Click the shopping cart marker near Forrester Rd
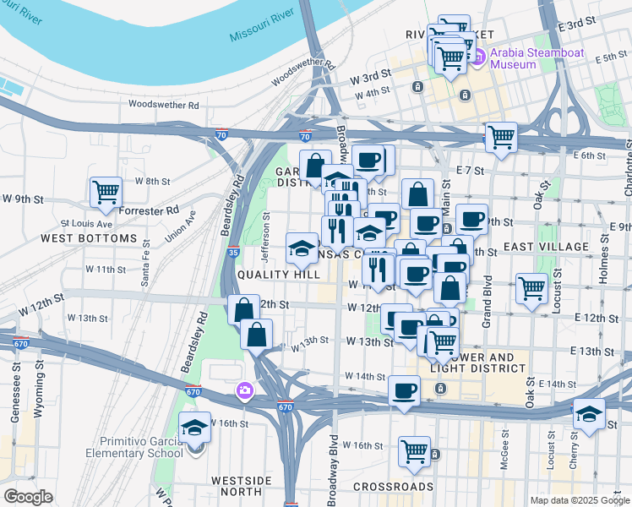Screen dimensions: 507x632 coord(106,193)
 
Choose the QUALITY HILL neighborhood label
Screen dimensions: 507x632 coord(278,275)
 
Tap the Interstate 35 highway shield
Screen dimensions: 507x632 coord(234,251)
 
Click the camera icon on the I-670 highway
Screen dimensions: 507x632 coord(245,390)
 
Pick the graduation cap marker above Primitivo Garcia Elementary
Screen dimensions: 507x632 coord(195,428)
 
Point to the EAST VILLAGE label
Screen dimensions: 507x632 coord(546,247)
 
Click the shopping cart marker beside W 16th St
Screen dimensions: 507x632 coord(414,451)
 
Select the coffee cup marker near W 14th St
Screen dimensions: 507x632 coord(404,391)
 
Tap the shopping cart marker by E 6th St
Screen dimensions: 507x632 coord(501,137)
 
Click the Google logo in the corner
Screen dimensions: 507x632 coord(28,496)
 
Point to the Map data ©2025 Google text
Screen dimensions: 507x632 coord(580,500)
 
